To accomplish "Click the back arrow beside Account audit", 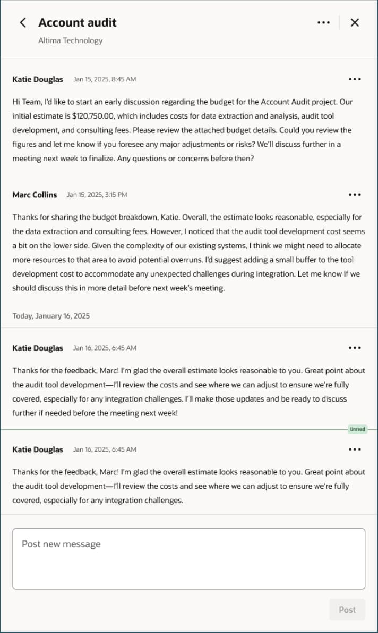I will [x=22, y=22].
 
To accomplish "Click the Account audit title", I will [x=77, y=22].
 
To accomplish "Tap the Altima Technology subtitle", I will [x=70, y=40].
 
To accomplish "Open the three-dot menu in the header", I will [x=323, y=22].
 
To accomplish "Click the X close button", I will [x=355, y=22].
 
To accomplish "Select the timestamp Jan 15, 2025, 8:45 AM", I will [x=105, y=79].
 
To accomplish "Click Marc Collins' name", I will [x=35, y=195].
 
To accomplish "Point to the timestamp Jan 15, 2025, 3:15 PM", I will [x=97, y=195].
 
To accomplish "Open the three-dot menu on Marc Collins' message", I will [x=355, y=195].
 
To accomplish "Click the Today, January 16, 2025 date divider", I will [x=51, y=316].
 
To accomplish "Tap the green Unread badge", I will [x=357, y=429].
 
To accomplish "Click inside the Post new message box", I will [x=188, y=559].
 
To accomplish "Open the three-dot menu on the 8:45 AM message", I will [x=355, y=79].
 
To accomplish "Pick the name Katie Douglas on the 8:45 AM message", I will [x=38, y=79].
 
